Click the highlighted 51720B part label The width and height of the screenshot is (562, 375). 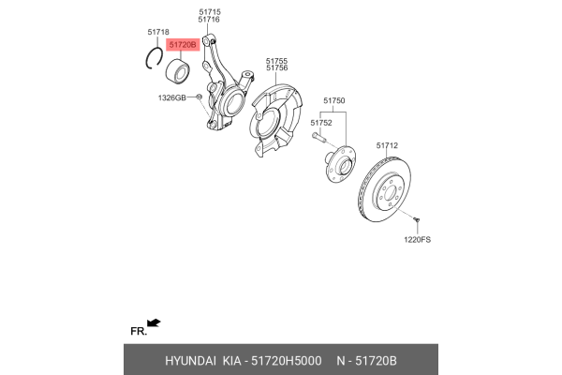coord(181,44)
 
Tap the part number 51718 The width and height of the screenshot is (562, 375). coord(158,32)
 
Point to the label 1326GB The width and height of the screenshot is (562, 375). coord(171,97)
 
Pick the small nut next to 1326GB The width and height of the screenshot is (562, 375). coord(199,96)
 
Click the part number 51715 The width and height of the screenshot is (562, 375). coord(209,11)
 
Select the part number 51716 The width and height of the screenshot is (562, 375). coord(209,20)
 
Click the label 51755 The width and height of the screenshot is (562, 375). coord(276,59)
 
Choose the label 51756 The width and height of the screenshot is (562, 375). coord(276,67)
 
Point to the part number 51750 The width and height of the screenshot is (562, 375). coord(334,100)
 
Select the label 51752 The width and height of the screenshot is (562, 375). coord(321,123)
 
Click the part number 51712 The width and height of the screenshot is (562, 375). coord(387,145)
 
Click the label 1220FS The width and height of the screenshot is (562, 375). coord(418,241)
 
